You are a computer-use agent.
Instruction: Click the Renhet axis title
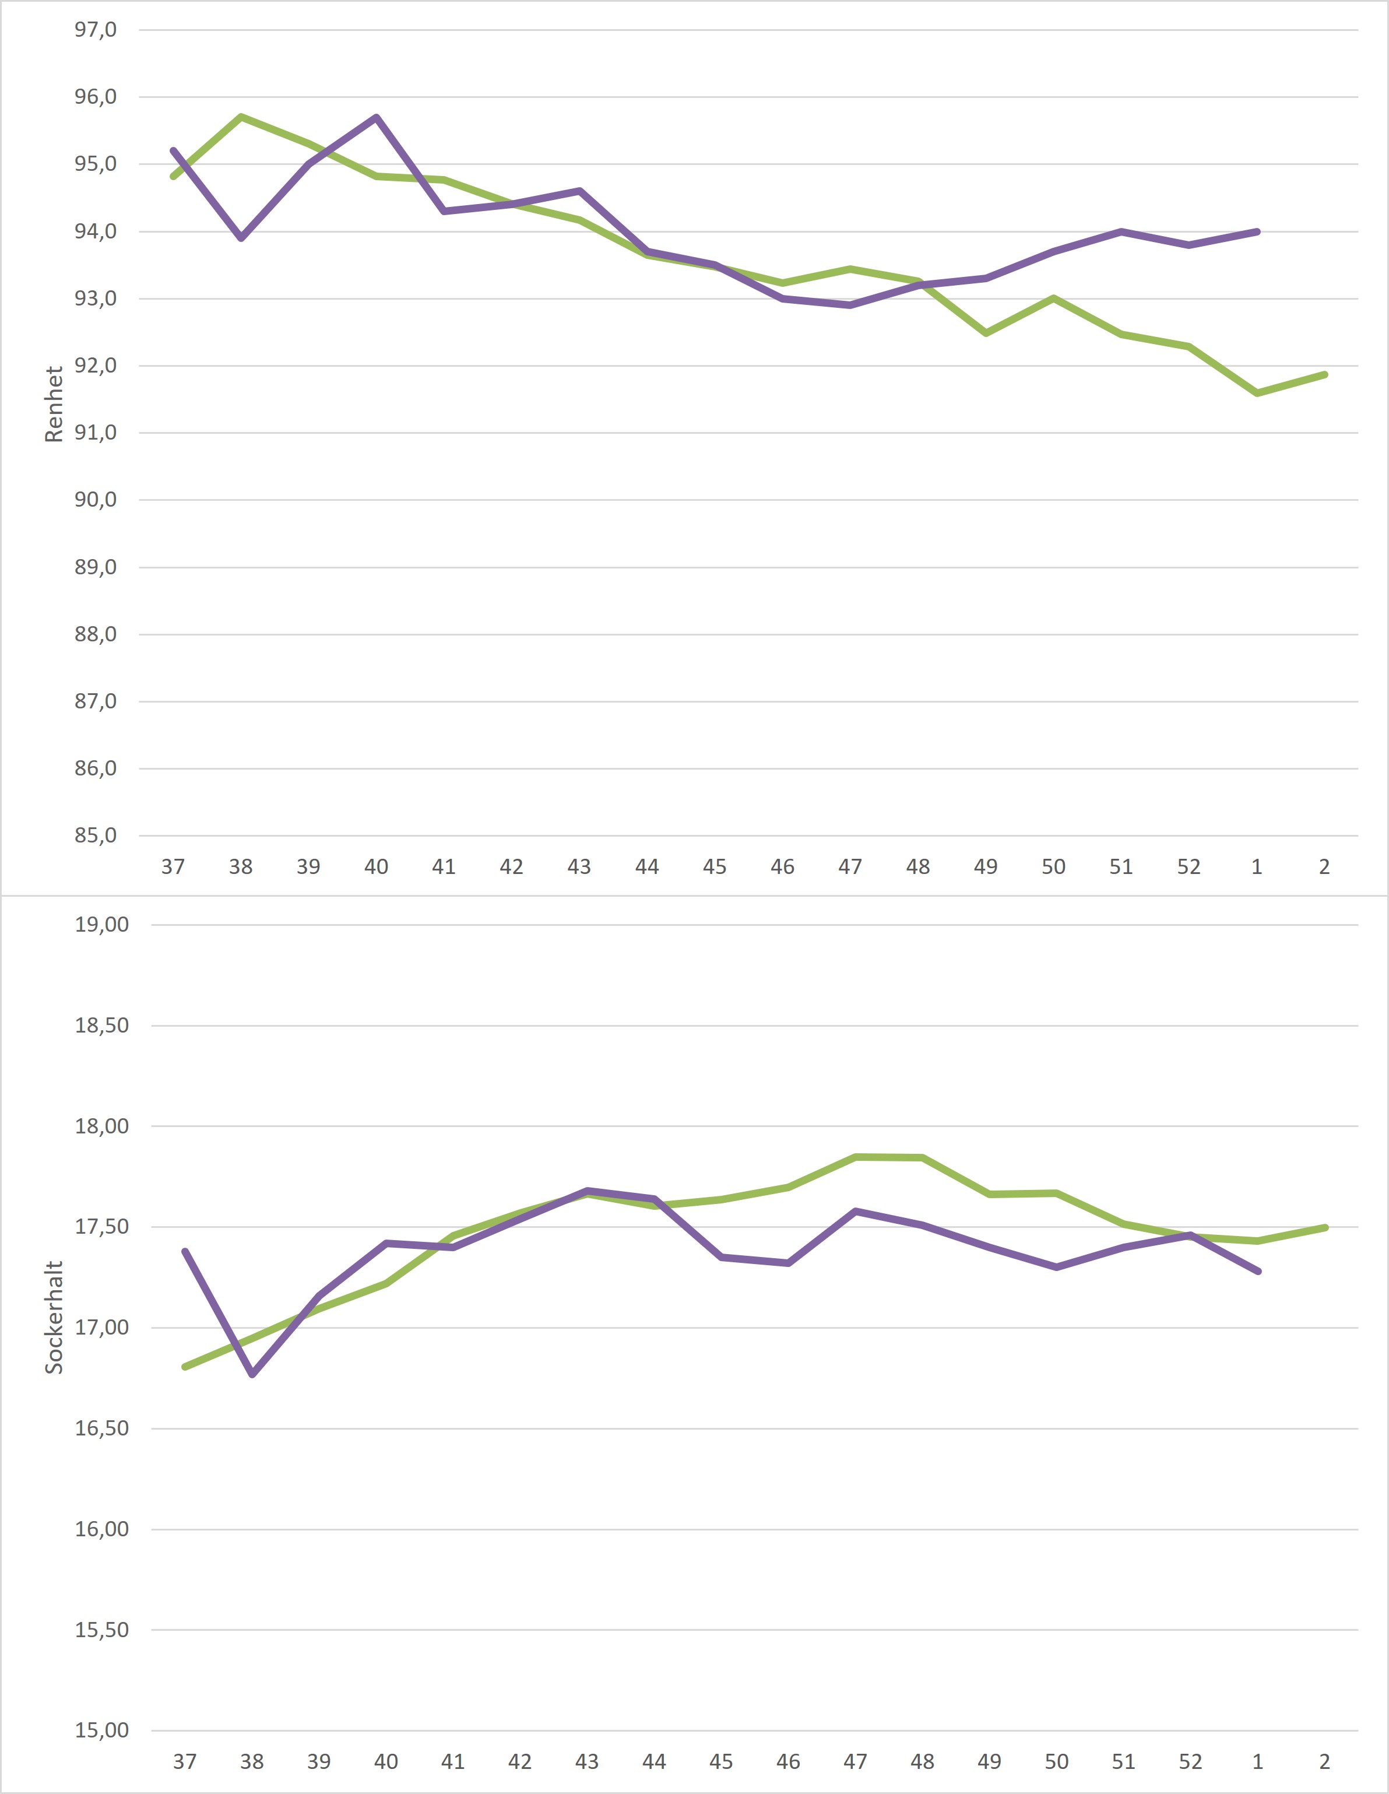[x=54, y=404]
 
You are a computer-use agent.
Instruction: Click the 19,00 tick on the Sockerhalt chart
[x=102, y=925]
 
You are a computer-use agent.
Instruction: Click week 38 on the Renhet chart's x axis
[x=241, y=866]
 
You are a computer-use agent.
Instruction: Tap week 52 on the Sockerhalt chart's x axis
[x=1190, y=1762]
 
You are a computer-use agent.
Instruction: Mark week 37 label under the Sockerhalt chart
[x=185, y=1762]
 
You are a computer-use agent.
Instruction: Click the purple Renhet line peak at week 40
[x=376, y=117]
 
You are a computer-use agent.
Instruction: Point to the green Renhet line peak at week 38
[x=241, y=117]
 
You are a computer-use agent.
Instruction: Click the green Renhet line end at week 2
[x=1325, y=374]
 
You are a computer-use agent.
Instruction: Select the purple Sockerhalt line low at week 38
[x=252, y=1374]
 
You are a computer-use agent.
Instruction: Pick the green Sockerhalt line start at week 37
[x=185, y=1367]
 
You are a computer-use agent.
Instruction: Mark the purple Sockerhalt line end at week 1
[x=1258, y=1271]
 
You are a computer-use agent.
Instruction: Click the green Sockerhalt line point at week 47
[x=855, y=1157]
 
